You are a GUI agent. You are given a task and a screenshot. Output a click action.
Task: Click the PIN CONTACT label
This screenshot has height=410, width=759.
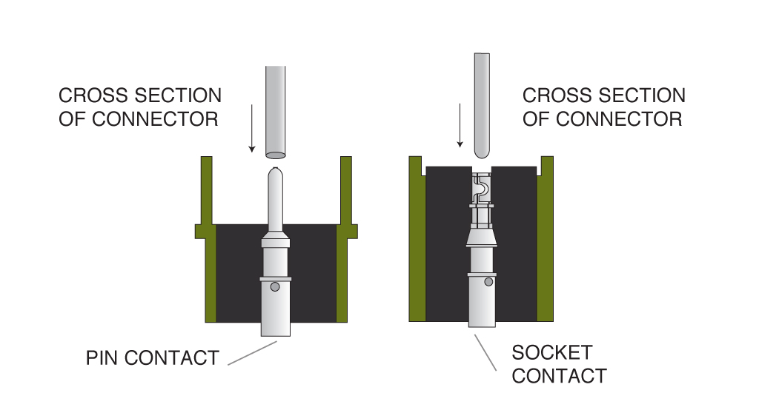[x=152, y=358]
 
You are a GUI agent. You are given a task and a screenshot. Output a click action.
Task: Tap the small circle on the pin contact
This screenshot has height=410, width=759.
[x=274, y=287]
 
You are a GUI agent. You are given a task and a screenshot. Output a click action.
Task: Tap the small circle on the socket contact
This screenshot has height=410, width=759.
[x=488, y=281]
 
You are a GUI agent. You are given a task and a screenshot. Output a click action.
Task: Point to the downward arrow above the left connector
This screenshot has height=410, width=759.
[x=252, y=129]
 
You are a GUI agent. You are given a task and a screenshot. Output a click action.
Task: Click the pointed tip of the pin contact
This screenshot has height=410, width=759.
[x=275, y=172]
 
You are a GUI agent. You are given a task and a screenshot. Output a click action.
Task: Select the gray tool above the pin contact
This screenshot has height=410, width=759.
[x=275, y=111]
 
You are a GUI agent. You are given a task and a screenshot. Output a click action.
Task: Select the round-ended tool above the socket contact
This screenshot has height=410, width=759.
[x=483, y=104]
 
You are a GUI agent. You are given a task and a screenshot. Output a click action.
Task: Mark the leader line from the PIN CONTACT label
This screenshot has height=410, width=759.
[x=252, y=353]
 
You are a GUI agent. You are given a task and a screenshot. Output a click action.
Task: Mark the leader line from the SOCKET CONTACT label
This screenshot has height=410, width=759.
[x=485, y=352]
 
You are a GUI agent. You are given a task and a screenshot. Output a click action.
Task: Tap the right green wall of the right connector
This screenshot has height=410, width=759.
[x=545, y=244]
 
